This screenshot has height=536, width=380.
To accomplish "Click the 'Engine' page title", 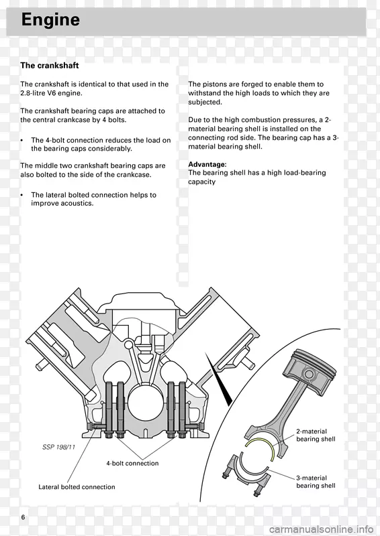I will click(50, 21).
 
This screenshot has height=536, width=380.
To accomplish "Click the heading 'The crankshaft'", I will click(49, 66).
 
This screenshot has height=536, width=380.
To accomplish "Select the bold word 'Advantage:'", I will click(207, 164).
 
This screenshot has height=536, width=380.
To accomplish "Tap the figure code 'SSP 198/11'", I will click(58, 446).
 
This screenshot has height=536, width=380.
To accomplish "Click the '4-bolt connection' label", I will click(132, 463).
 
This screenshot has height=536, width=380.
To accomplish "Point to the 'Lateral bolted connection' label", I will click(77, 487).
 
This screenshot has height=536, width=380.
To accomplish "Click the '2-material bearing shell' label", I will click(316, 435).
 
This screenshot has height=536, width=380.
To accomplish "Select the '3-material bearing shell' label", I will click(316, 482).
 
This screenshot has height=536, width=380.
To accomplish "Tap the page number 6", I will click(23, 518).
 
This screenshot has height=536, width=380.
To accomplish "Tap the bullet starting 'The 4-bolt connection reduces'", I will click(100, 144).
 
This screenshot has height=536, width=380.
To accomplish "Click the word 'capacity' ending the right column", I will click(201, 182).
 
